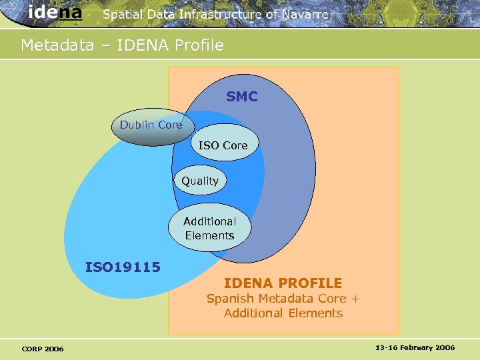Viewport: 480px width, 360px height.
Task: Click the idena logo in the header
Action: tap(55, 13)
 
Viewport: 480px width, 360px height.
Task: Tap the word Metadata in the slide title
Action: tap(57, 45)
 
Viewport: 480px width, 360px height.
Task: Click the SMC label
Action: tap(241, 97)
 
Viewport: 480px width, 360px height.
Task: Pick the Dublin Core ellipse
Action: tap(151, 127)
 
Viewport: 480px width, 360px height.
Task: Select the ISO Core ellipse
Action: tap(223, 144)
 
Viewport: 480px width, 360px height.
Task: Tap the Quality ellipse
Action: tap(200, 181)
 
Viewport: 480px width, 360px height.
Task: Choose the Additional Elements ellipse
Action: tap(209, 229)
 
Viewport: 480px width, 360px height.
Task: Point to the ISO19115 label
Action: tap(123, 267)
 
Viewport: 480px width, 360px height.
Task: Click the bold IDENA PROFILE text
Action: tap(283, 283)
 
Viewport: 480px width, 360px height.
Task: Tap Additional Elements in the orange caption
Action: tap(283, 313)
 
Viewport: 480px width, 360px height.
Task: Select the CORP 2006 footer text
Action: tap(43, 349)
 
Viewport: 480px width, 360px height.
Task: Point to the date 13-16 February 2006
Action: tap(415, 348)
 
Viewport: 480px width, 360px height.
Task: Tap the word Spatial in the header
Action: tap(122, 14)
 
